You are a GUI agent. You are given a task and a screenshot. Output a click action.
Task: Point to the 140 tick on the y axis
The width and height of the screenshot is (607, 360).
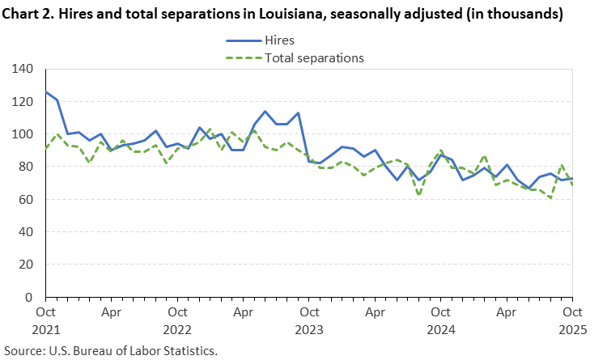point(23,69)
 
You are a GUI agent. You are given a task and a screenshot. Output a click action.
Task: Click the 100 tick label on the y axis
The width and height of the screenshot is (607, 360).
point(23,134)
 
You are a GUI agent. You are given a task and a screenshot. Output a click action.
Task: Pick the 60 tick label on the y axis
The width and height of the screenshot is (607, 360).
point(26,199)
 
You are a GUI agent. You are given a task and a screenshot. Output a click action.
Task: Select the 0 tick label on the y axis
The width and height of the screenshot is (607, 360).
point(29,297)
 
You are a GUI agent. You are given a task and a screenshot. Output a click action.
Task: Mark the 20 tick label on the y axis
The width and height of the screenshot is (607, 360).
point(26,265)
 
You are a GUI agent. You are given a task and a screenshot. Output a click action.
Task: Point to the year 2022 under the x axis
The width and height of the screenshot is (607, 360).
point(176,329)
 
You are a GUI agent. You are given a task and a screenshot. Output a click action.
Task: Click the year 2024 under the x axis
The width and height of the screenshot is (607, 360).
point(440,329)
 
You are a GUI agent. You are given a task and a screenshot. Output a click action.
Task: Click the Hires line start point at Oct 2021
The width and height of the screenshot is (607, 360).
point(45,91)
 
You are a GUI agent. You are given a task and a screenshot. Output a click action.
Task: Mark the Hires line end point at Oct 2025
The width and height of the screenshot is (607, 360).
point(572,179)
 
